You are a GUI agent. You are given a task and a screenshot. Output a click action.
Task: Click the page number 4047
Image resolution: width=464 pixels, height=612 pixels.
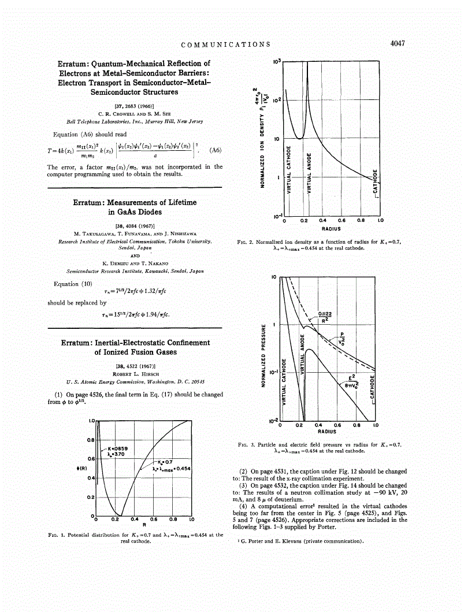(x=399, y=43)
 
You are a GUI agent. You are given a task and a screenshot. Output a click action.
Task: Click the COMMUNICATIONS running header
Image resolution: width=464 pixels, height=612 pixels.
(x=226, y=44)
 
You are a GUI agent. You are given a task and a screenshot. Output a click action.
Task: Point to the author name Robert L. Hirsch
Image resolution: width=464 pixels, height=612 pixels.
(x=134, y=374)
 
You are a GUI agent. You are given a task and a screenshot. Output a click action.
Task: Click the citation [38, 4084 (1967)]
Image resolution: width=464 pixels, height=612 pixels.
(x=134, y=225)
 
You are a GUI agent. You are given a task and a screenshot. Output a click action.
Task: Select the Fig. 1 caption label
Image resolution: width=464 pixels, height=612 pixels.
(x=60, y=535)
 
